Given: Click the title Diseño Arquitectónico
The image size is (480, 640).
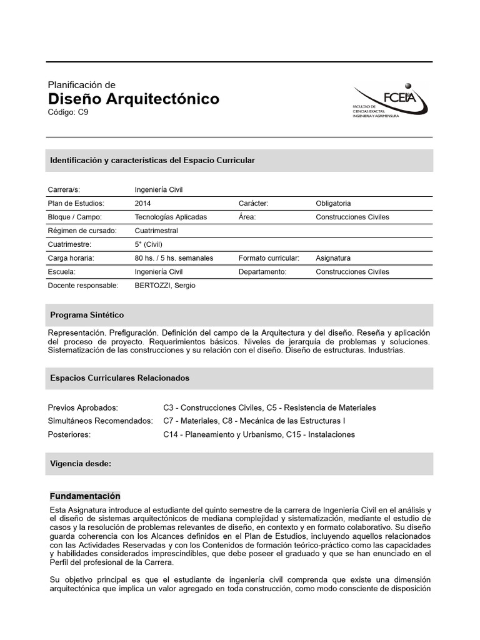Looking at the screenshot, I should [134, 99].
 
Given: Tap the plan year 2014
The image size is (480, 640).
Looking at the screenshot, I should [142, 203].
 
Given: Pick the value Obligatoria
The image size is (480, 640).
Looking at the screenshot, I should [333, 203].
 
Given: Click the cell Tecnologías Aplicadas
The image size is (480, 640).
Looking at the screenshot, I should [171, 217].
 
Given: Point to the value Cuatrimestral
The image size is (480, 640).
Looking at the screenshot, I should [156, 231].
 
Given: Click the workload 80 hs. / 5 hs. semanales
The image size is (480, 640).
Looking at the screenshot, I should [174, 258].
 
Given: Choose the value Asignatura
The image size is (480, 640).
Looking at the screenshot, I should [333, 258].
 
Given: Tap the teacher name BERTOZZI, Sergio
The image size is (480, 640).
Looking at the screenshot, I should [164, 286].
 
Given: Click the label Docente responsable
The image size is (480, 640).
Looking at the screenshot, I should [83, 286].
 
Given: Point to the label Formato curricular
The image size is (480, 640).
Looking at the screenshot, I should [269, 258].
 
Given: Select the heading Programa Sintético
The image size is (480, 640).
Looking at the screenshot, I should [87, 315].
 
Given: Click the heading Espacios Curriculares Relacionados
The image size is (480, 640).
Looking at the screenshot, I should [119, 378].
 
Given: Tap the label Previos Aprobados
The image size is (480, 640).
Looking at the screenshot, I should [82, 407].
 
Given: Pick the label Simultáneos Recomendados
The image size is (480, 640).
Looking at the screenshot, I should [100, 421].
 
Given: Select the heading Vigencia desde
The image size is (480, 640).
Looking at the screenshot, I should [81, 464].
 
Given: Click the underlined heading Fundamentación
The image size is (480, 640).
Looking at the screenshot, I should [84, 496].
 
